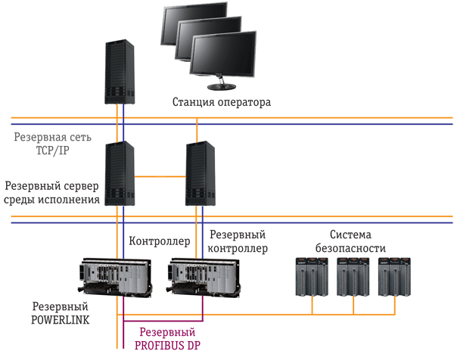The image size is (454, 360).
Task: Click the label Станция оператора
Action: point(222,102)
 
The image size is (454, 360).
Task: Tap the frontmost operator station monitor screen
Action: point(223,55)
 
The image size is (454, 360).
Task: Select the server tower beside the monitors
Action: point(120,72)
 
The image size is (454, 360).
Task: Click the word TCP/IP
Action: point(53,151)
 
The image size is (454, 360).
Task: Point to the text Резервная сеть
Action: point(53,137)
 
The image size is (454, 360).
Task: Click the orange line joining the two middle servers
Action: point(160,176)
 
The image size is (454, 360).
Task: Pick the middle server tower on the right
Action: point(200,173)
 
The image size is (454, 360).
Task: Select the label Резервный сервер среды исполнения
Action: point(51,192)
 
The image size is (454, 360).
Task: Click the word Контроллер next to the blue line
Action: point(160,241)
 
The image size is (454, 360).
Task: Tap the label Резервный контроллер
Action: point(238,241)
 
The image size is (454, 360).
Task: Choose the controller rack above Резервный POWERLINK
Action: point(116,276)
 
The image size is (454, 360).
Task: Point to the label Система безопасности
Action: point(350,241)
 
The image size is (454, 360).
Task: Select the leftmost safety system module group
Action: point(312,277)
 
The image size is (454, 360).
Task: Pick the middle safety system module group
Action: point(353,277)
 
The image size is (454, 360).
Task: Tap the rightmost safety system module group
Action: point(395,277)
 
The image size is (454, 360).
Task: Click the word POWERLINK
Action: point(61,320)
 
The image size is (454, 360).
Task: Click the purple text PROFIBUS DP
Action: point(167,346)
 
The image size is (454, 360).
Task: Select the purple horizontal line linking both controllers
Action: point(163,321)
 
